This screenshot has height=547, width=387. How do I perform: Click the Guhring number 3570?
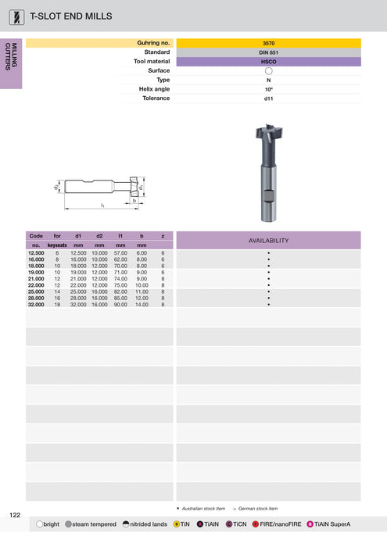268,43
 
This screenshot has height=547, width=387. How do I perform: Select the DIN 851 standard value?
268,52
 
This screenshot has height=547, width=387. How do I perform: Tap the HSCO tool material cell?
268,61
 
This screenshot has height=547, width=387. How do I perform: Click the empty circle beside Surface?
268,70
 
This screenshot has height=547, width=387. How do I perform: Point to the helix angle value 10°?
268,89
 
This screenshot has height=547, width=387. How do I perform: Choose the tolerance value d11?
268,98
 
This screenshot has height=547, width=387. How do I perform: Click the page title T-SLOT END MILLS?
70,16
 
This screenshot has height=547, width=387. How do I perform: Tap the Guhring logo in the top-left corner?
15,16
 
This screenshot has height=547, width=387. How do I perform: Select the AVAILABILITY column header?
268,241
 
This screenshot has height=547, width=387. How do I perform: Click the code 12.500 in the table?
36,253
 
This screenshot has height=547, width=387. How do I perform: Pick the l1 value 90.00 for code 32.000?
120,304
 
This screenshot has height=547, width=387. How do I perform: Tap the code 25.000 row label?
36,291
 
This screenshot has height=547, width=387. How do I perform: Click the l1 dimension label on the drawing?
102,206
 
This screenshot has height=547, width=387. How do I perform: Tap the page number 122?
15,515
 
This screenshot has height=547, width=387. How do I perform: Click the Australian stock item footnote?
202,508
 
